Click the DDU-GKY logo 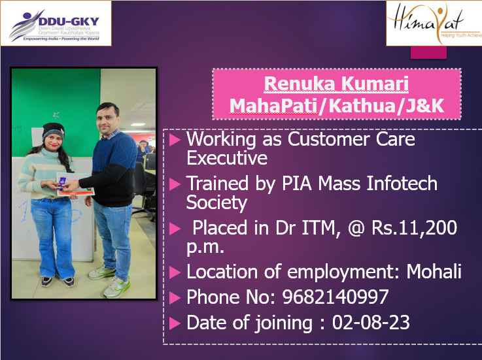56,24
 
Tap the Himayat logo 434,23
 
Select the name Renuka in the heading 294,84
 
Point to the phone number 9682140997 336,297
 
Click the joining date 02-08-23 371,322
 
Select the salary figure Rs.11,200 414,228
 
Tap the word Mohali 434,271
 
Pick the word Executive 227,158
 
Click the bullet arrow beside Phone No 175,298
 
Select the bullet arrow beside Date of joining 175,323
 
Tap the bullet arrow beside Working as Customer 175,140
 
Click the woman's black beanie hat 53,130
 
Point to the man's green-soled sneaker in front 117,287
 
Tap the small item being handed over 62,182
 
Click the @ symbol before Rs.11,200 356,228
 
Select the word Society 216,203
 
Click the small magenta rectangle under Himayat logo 428,52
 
